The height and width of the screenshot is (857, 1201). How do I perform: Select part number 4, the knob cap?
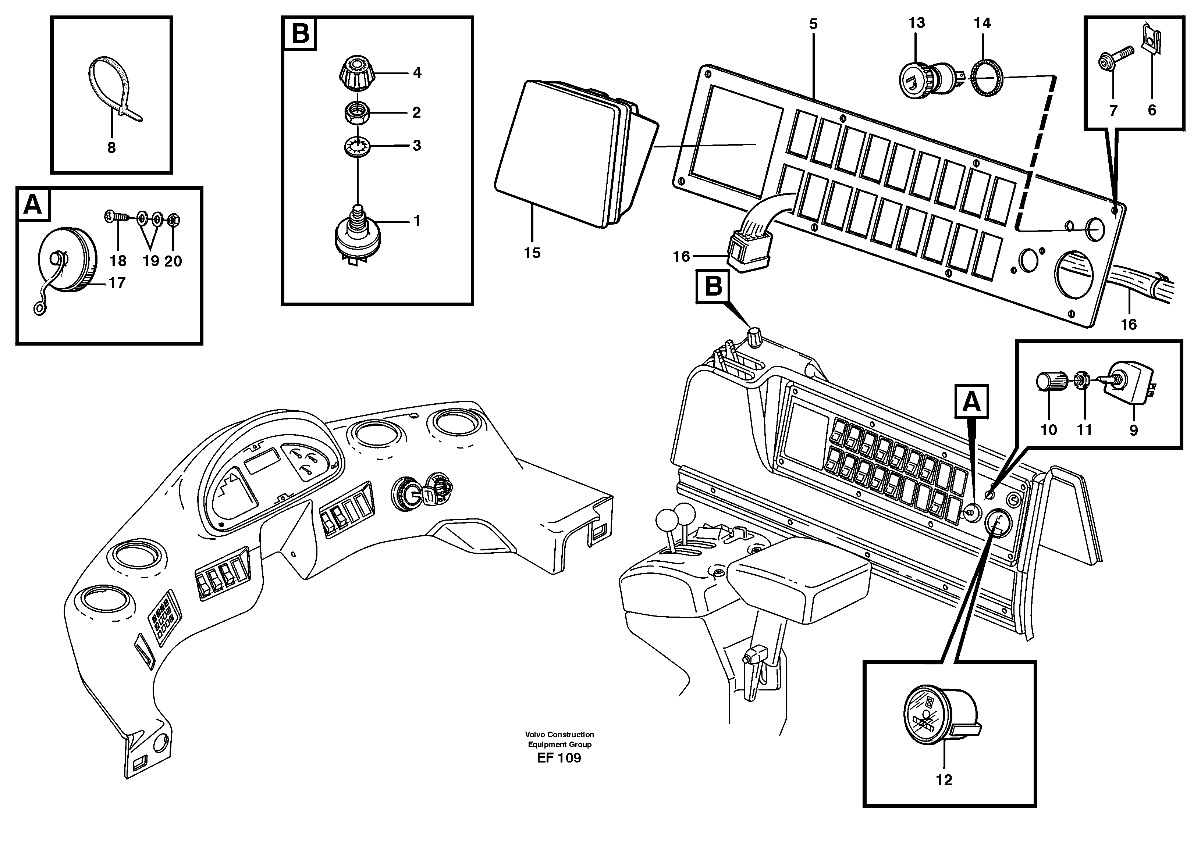[x=357, y=73]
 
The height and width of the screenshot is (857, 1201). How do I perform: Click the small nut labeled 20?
[x=173, y=219]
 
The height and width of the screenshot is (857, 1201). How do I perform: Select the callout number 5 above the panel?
[x=813, y=24]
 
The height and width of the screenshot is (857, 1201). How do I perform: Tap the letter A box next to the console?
[x=971, y=402]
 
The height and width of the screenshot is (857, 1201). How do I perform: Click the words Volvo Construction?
[x=559, y=735]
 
